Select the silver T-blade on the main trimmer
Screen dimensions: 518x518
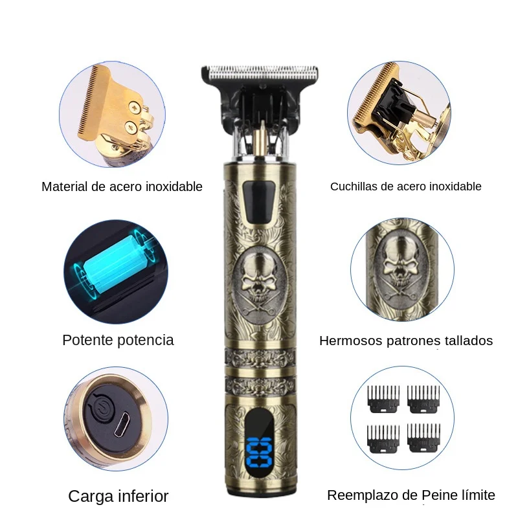click(260, 73)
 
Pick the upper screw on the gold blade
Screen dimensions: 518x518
click(135, 107)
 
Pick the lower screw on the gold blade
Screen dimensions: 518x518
click(131, 128)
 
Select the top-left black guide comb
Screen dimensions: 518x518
click(383, 399)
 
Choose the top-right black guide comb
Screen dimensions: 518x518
click(423, 399)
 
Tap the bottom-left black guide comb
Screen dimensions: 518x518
click(383, 438)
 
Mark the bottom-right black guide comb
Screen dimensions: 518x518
click(423, 438)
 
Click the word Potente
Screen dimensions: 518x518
click(87, 341)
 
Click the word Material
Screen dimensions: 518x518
click(65, 186)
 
